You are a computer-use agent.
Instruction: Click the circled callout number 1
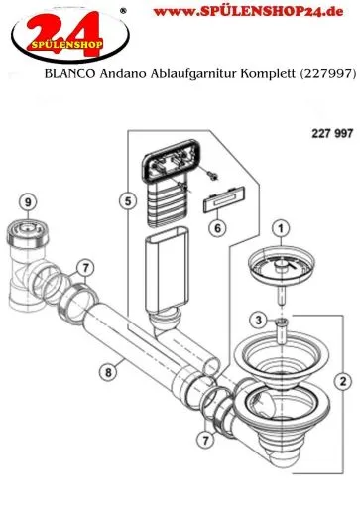tap(281, 228)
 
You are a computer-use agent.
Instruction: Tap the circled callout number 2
tap(343, 381)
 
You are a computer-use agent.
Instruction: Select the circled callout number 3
tap(258, 320)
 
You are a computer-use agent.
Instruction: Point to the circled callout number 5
tap(128, 200)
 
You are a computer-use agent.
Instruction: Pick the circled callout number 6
tap(217, 228)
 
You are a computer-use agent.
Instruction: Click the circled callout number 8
tap(108, 372)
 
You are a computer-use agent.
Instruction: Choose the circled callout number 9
tap(28, 201)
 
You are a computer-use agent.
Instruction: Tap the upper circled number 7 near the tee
tap(86, 267)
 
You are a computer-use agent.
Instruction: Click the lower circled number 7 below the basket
tap(206, 440)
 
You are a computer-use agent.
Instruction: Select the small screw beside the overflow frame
tap(212, 175)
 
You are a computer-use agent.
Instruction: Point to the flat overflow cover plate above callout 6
tap(224, 199)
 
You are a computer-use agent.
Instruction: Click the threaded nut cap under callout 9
tap(28, 233)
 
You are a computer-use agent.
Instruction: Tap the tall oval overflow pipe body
tap(167, 270)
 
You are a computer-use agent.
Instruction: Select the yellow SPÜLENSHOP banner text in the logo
tap(67, 44)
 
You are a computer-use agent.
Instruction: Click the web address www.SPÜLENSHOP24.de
tap(248, 12)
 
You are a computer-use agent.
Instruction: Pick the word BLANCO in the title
tap(69, 73)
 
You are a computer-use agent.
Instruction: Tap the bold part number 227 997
tap(332, 133)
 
